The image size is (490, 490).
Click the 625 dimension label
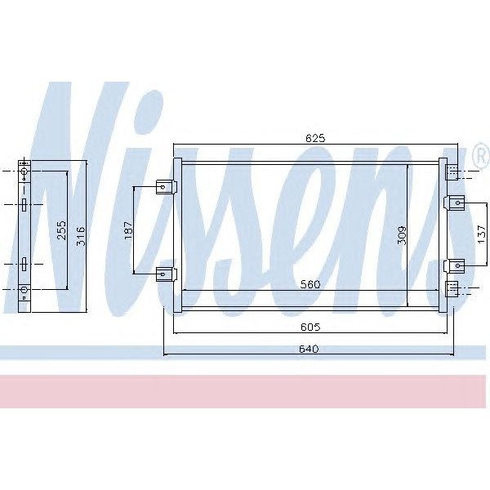[x=316, y=139]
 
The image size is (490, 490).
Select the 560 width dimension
[x=310, y=284]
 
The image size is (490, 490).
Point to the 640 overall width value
[x=310, y=349]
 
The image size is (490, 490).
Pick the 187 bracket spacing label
[x=127, y=231]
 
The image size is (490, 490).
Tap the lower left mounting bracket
[x=166, y=272]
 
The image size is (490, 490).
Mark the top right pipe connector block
[x=452, y=171]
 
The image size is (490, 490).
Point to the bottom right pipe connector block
[x=452, y=288]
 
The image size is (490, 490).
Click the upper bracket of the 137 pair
[x=455, y=202]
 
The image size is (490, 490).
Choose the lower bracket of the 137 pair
[x=455, y=265]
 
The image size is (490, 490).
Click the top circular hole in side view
[x=24, y=172]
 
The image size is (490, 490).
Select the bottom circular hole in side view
[x=24, y=289]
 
